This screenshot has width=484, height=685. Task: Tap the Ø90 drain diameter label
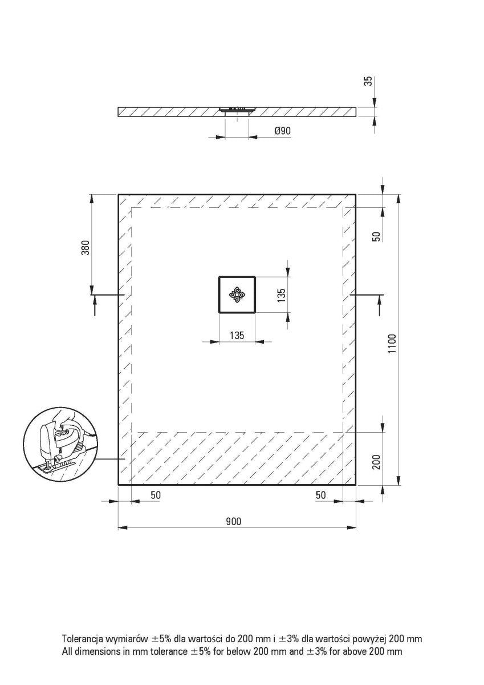point(282,131)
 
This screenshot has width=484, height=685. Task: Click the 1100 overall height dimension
point(392,344)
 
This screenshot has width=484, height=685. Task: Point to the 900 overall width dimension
point(233,521)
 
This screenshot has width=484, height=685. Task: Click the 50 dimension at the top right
point(376,236)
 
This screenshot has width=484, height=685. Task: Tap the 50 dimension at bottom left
point(155,495)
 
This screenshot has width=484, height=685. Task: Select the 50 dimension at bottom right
point(320,495)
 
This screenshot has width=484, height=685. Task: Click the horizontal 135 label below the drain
point(237,336)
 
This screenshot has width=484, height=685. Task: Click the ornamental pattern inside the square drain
point(237,295)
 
